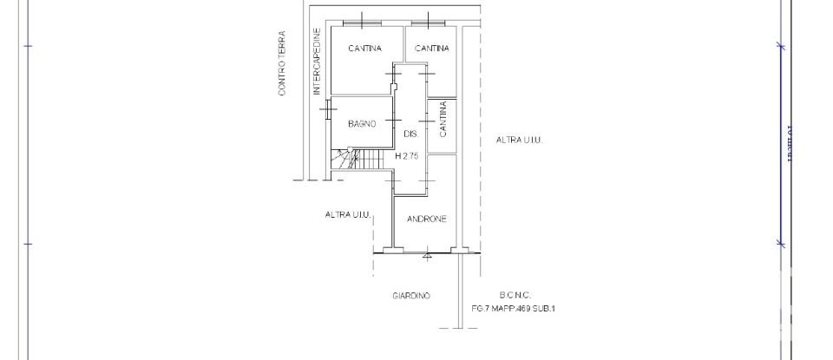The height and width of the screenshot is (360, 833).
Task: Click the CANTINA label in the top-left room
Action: point(364,49)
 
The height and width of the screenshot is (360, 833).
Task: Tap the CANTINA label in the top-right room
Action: point(431,49)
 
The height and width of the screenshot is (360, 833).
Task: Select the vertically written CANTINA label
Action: point(443,120)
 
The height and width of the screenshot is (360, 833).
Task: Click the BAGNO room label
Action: point(362,124)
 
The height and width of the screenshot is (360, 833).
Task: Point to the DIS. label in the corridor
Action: point(411,134)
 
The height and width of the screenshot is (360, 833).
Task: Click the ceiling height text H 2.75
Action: point(407,157)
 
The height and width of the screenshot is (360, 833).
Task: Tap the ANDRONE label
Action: point(426,219)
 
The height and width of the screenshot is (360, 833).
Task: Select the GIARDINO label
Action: point(411,296)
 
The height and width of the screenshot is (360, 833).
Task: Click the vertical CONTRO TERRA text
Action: point(282,64)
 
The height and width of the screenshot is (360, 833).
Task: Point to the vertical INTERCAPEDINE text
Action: point(318,64)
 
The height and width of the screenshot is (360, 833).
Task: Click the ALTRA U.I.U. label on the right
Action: point(520,140)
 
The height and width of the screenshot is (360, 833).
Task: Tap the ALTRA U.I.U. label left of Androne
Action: point(349,214)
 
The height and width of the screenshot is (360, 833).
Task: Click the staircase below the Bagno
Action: point(359,160)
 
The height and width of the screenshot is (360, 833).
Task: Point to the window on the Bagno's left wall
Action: point(329,108)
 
